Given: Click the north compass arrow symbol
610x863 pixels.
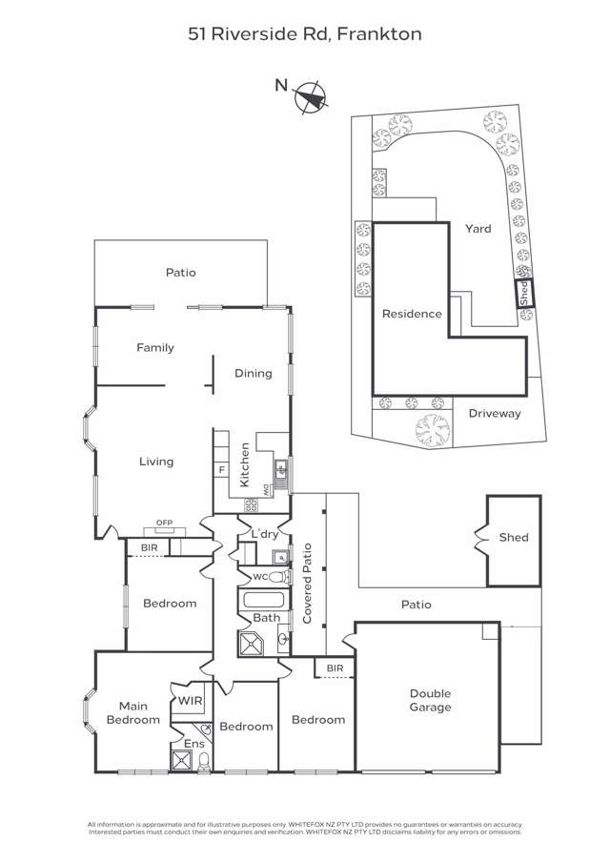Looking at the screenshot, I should [311, 95].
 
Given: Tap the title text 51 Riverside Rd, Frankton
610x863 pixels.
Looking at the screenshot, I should [305, 34].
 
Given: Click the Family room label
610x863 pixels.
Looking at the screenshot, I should [155, 348].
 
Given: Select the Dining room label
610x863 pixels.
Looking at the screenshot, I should [254, 374].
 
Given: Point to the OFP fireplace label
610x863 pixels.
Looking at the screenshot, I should [165, 522].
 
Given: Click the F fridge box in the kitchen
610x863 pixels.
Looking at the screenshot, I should [221, 469].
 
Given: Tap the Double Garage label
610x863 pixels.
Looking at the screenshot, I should [430, 700].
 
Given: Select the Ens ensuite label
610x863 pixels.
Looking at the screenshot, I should [193, 743].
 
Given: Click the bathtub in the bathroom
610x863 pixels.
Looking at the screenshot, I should [263, 601].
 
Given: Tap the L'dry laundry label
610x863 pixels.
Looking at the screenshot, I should [263, 531].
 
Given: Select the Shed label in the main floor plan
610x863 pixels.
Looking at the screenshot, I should [513, 538].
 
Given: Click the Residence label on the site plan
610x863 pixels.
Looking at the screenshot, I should [412, 314].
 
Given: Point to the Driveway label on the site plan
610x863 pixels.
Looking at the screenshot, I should [495, 413].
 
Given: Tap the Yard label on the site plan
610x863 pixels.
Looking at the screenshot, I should [478, 229].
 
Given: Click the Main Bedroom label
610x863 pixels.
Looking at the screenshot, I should [132, 712].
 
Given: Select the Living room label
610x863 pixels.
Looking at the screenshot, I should [156, 462].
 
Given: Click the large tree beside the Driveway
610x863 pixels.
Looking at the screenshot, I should [433, 430].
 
